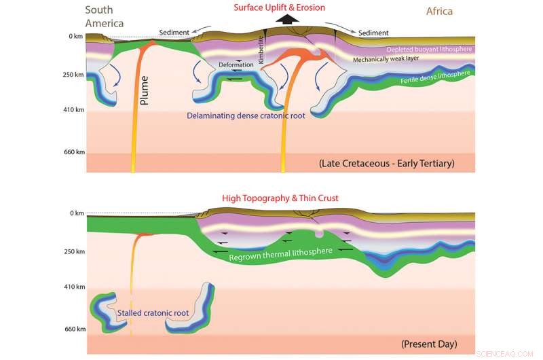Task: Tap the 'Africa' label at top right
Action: tap(439, 11)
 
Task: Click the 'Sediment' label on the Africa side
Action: tap(373, 32)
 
